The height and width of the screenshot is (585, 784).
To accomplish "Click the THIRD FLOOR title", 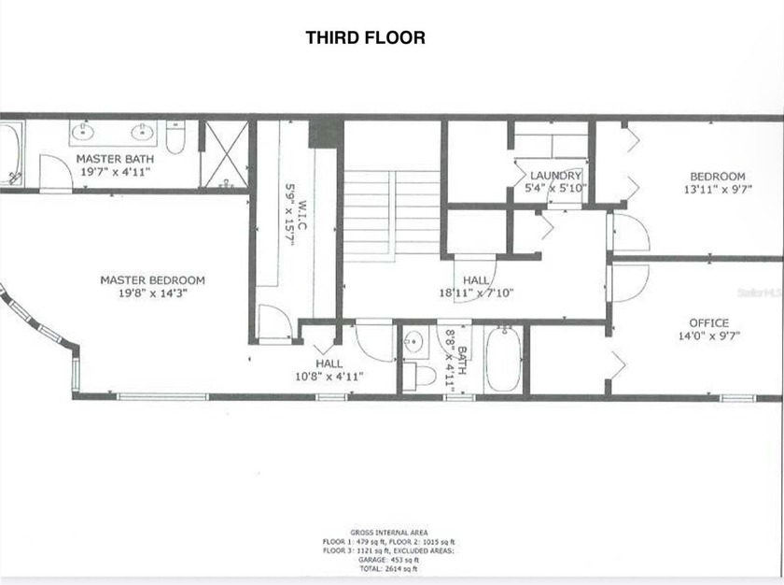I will [x=365, y=38].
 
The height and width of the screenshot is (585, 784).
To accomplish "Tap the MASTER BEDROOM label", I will [x=152, y=280].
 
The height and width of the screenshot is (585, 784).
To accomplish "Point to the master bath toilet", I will [x=175, y=136].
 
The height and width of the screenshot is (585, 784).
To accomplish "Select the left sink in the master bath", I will [x=83, y=132].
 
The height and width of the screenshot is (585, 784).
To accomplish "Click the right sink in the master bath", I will [x=145, y=132].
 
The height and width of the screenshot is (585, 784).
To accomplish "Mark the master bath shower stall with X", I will [x=224, y=154].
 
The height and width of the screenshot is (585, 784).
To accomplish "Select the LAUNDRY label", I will [x=555, y=176].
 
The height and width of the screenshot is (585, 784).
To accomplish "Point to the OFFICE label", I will [x=709, y=323].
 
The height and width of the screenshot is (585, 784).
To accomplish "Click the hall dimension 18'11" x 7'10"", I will [x=476, y=292].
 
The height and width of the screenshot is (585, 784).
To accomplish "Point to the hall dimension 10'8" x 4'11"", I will [x=329, y=376].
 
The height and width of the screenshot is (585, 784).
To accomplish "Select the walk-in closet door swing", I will [x=273, y=322].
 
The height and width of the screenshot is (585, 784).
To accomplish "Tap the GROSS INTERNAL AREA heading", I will [x=391, y=531].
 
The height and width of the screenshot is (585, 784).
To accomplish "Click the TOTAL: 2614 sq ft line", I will [x=391, y=568].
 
